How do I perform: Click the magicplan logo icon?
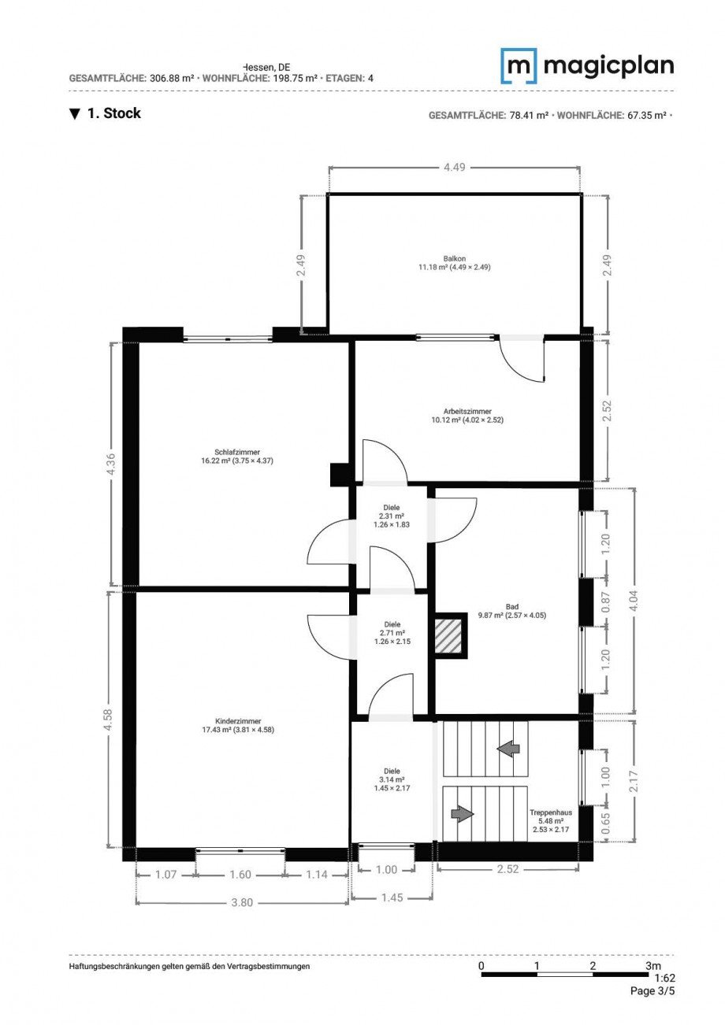coord(519,66)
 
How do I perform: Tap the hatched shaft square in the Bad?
coord(451,635)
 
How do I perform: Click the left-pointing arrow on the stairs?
coord(508,747)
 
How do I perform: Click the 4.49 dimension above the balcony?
coord(455,167)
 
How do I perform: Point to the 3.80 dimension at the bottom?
coord(242,902)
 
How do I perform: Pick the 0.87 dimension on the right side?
coord(606,602)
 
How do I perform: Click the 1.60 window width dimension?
coord(240,874)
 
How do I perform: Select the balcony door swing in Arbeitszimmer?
coord(524,360)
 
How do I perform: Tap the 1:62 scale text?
coord(664,978)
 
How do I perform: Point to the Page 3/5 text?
coord(652,991)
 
